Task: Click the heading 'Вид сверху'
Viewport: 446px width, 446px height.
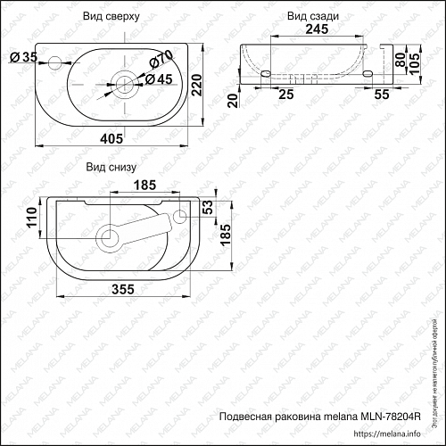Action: tap(111, 16)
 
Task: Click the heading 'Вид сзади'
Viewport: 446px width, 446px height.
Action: tap(313, 16)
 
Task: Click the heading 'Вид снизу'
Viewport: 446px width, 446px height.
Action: tap(111, 167)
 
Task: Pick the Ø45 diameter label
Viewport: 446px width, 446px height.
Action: tap(159, 79)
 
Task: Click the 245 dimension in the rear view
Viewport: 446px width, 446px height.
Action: tap(307, 29)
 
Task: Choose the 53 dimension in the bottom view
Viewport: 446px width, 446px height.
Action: tap(208, 209)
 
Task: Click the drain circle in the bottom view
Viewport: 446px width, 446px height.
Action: tap(111, 237)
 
